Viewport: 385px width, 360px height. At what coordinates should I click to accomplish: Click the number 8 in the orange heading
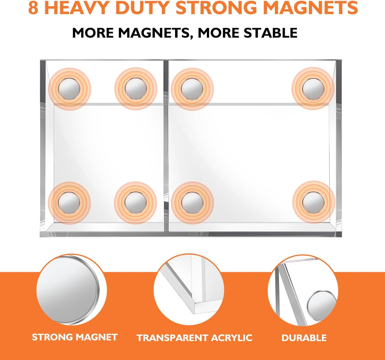33,8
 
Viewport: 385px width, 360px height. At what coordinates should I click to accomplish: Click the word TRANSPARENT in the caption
172,338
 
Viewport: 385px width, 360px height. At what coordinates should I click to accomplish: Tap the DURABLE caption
304,338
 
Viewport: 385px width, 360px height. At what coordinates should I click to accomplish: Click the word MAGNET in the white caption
97,337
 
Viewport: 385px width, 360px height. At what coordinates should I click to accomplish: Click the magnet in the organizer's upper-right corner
313,89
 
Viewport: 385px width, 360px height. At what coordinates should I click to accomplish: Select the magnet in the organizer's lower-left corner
69,202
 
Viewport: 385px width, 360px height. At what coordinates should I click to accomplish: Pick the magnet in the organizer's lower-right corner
313,202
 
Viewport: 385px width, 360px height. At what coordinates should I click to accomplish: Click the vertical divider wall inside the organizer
166,147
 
